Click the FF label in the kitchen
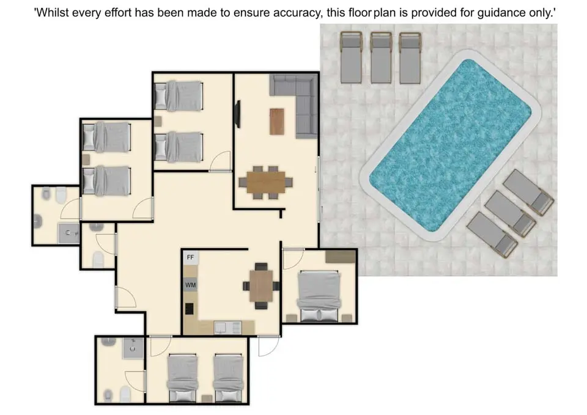190,257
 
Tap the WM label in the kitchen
191,285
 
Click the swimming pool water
451,145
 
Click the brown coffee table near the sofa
276,121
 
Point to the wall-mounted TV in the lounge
237,114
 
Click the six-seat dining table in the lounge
266,182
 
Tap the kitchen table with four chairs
261,286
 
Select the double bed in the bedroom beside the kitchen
319,296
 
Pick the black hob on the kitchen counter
190,309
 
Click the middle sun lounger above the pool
381,57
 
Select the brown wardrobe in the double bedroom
341,257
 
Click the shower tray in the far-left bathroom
68,233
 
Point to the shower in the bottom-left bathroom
133,348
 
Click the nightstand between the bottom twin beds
207,399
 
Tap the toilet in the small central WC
98,259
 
